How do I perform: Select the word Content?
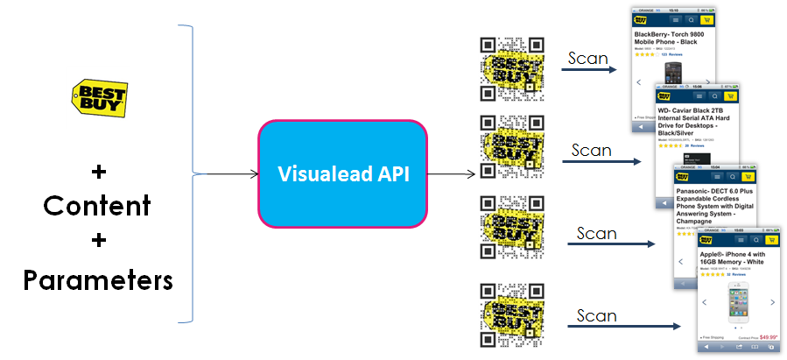tap(97, 205)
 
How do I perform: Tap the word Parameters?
tap(97, 280)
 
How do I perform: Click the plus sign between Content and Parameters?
tap(97, 243)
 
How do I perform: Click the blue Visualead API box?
tap(341, 173)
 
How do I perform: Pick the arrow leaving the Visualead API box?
tap(452, 173)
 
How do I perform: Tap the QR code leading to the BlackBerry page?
tap(511, 70)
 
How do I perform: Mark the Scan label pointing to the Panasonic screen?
tap(597, 233)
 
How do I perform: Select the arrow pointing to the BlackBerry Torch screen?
tap(592, 67)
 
